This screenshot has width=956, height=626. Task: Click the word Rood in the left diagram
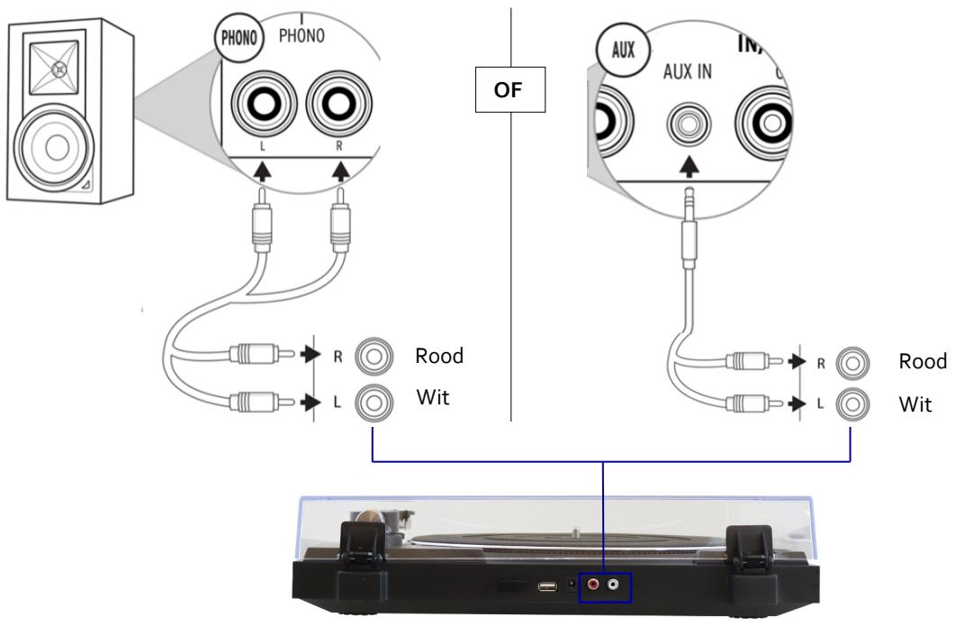[438, 356]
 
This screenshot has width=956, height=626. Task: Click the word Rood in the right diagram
[923, 360]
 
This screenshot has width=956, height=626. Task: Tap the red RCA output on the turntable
[594, 585]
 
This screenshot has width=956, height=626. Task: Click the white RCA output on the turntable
[614, 585]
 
